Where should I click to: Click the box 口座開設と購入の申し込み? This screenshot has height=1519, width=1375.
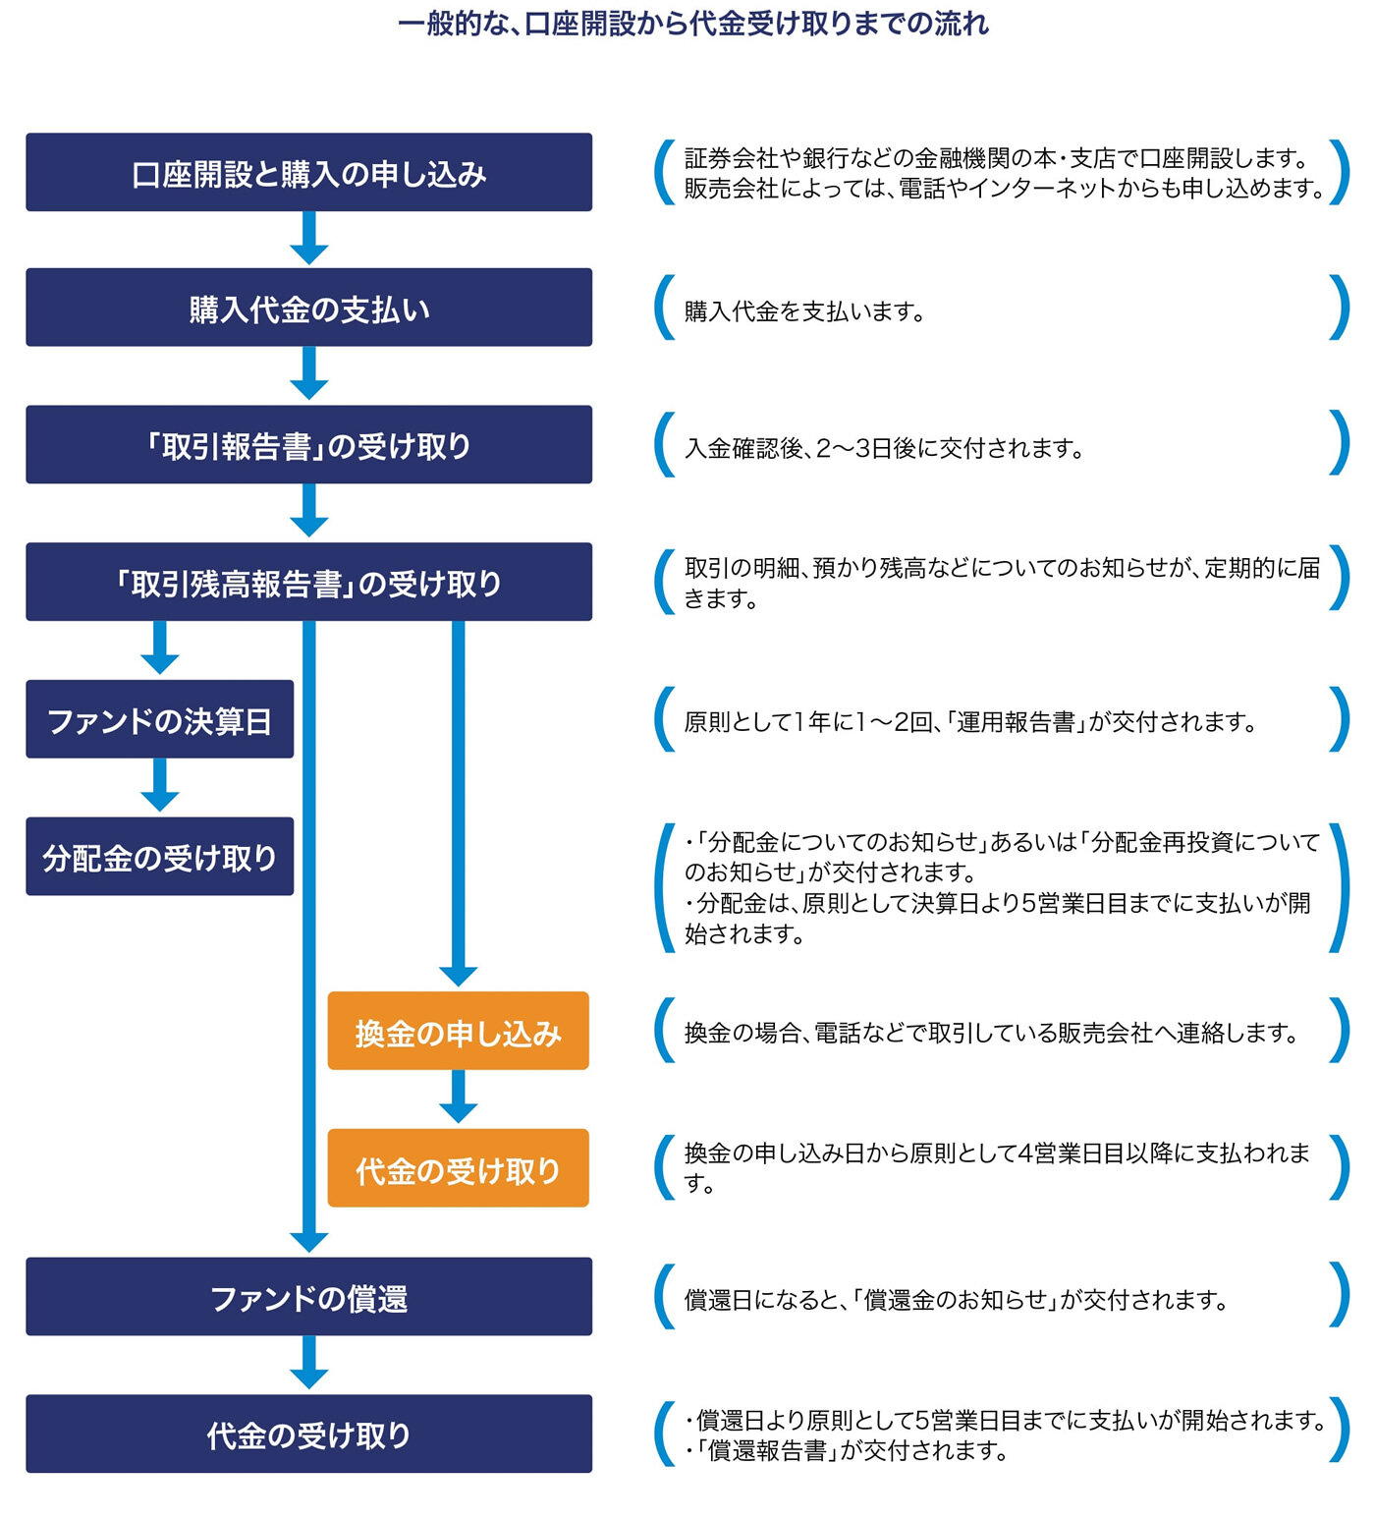(308, 173)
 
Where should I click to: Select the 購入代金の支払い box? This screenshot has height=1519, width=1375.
(308, 309)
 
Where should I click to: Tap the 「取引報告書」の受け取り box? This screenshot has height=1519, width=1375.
(308, 445)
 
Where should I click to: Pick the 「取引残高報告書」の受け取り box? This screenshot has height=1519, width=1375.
(308, 583)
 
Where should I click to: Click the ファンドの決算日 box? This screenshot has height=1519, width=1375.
(159, 720)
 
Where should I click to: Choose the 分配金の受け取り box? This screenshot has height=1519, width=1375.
(159, 857)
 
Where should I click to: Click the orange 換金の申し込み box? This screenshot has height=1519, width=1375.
(458, 1032)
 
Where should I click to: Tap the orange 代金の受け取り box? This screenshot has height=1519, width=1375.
(458, 1169)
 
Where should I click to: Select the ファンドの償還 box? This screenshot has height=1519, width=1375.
(308, 1298)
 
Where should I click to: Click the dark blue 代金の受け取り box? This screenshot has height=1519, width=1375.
(308, 1435)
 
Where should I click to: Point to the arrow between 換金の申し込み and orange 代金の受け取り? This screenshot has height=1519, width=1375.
(458, 1097)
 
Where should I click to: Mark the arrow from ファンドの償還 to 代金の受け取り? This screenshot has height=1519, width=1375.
(308, 1363)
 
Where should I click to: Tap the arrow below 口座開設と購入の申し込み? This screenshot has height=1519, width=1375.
(308, 239)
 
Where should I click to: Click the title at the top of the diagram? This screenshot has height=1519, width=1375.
(692, 24)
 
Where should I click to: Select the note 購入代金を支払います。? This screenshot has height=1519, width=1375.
(804, 311)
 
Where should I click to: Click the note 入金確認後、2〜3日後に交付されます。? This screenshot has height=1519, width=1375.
(884, 448)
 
